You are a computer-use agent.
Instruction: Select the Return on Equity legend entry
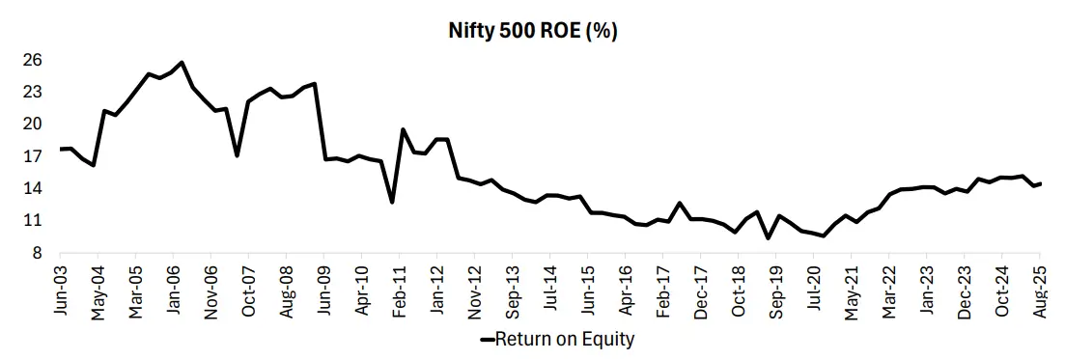[x=558, y=339]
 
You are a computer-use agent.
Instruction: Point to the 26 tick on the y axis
[x=33, y=60]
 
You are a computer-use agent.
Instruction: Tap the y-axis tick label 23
[x=33, y=92]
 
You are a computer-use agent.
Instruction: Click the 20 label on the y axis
[x=33, y=124]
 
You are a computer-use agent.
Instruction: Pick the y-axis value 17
[x=33, y=156]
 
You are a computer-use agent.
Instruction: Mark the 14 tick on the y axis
[x=33, y=188]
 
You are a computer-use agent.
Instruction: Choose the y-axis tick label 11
[x=33, y=220]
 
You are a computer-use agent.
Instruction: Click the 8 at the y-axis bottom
[x=37, y=253]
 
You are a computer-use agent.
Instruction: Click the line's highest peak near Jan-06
[x=182, y=63]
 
